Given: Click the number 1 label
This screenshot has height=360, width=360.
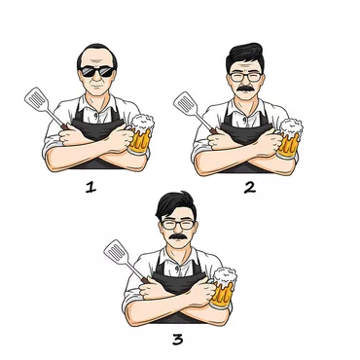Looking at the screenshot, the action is tap(91, 187).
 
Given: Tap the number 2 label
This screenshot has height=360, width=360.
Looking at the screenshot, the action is tap(250, 188).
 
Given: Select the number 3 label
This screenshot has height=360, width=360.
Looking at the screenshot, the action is tap(178, 340).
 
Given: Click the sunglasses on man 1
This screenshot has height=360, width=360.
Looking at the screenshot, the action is tap(97, 71).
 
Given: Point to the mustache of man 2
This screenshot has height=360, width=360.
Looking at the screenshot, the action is tap(245, 89).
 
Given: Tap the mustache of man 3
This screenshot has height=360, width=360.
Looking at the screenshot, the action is tap(178, 236).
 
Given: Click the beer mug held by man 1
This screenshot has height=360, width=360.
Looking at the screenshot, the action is tap(141, 134).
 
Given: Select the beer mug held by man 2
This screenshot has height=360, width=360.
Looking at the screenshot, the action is tap(290, 139).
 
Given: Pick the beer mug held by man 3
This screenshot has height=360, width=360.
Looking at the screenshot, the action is tap(223, 288).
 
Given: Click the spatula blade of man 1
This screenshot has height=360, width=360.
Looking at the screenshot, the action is tap(37, 99).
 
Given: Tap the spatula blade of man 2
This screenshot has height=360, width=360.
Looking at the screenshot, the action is tap(186, 104).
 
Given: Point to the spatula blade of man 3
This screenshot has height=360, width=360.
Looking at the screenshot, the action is tap(116, 252).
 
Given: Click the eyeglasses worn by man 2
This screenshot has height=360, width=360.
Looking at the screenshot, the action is tap(245, 77).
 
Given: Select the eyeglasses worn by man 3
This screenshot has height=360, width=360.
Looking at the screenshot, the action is tap(178, 225).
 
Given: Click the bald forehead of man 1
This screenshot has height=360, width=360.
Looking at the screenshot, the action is tap(96, 57).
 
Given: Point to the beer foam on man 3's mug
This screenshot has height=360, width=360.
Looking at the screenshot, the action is tap(225, 276).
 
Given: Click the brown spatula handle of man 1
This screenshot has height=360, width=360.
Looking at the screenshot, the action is tap(64, 126).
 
